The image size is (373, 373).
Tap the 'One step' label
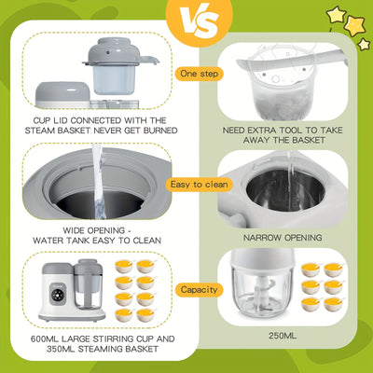pos(200,74)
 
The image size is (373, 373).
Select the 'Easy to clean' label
pos(200,185)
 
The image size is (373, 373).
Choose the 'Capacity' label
pos(200,290)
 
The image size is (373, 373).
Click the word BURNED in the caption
pos(160,131)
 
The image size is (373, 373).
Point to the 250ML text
pos(283,336)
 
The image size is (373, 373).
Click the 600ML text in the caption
pos(45,338)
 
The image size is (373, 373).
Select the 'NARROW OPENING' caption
pos(283,238)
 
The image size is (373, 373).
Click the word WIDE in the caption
pos(74,230)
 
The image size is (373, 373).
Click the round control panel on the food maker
pos(58,295)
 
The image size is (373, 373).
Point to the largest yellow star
pos(355,25)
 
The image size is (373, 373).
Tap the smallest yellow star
pos(364,44)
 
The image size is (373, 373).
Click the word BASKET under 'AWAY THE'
pos(309,140)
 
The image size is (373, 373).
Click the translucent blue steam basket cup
pos(110,79)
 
